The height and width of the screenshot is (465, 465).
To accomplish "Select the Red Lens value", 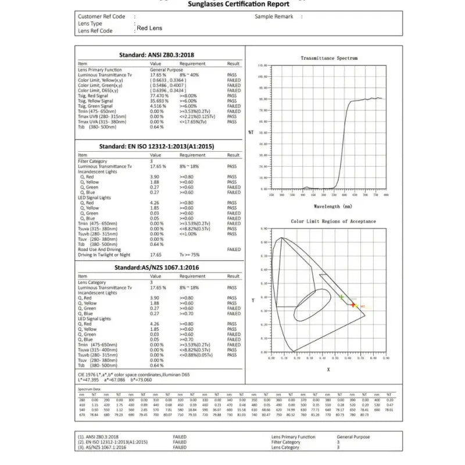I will [x=149, y=28].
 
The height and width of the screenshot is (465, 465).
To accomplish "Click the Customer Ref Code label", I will [x=101, y=17].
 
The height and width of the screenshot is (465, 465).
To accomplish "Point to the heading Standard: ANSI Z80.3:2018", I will [x=157, y=55].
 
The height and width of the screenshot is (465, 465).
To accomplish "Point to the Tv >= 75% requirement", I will [x=190, y=255].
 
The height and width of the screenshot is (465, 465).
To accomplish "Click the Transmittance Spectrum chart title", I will [x=329, y=58].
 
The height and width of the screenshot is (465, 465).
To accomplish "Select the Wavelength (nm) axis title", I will [x=332, y=206].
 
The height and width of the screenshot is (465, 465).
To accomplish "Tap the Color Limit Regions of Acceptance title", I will [x=333, y=221].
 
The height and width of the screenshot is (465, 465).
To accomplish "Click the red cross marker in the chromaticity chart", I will [x=353, y=305].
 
